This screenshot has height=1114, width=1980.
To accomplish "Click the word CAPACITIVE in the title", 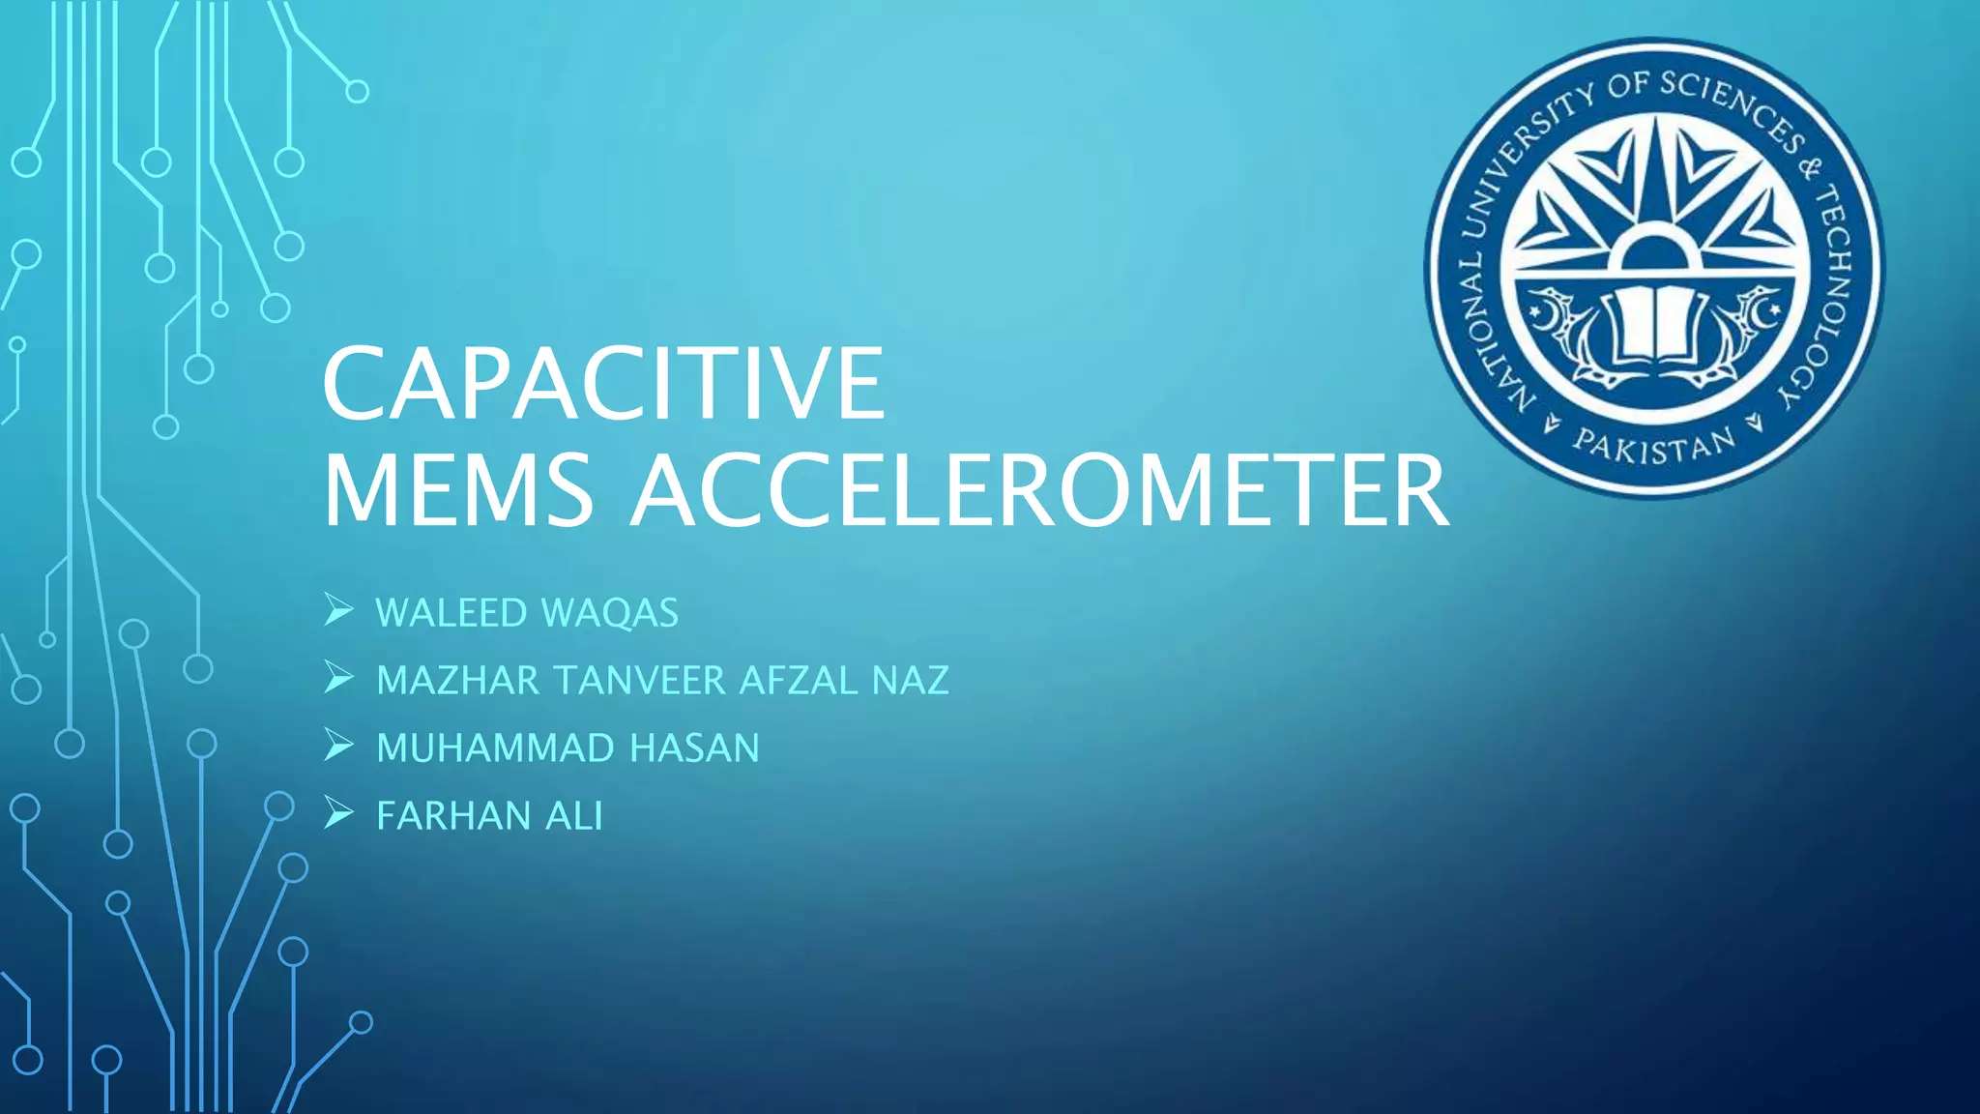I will coord(603,384).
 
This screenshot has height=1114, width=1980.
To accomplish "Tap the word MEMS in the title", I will coord(458,491).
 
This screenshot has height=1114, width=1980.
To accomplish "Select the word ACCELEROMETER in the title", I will coord(1040,491).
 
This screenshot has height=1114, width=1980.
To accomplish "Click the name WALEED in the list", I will coord(451,613).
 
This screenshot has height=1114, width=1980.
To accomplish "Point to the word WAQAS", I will coord(610,613).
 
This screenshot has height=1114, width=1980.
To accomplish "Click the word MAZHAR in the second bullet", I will coord(457,681).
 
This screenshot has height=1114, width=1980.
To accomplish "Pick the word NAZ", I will coord(910,681).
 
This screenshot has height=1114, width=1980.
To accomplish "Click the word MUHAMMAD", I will coord(495,748).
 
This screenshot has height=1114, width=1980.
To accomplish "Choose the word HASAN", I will coord(695,748).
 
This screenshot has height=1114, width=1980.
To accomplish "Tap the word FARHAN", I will coord(451,816).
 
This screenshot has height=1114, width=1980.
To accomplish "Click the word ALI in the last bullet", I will coord(574,816).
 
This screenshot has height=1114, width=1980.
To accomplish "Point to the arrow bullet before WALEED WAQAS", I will coord(338,611).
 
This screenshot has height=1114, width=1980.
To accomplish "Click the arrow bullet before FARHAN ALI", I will coord(338,814).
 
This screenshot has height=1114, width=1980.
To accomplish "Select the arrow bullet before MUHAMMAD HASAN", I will coord(338,747).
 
